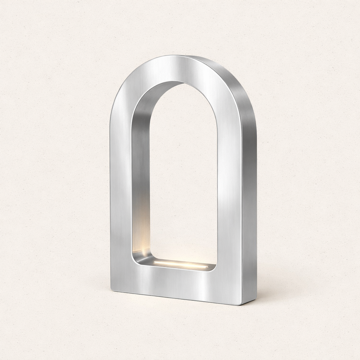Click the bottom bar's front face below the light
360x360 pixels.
[x=176, y=283]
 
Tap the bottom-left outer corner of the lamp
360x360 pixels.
[x=111, y=289]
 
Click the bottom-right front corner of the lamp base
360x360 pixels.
[x=241, y=304]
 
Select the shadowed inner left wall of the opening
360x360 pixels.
[x=141, y=169]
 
